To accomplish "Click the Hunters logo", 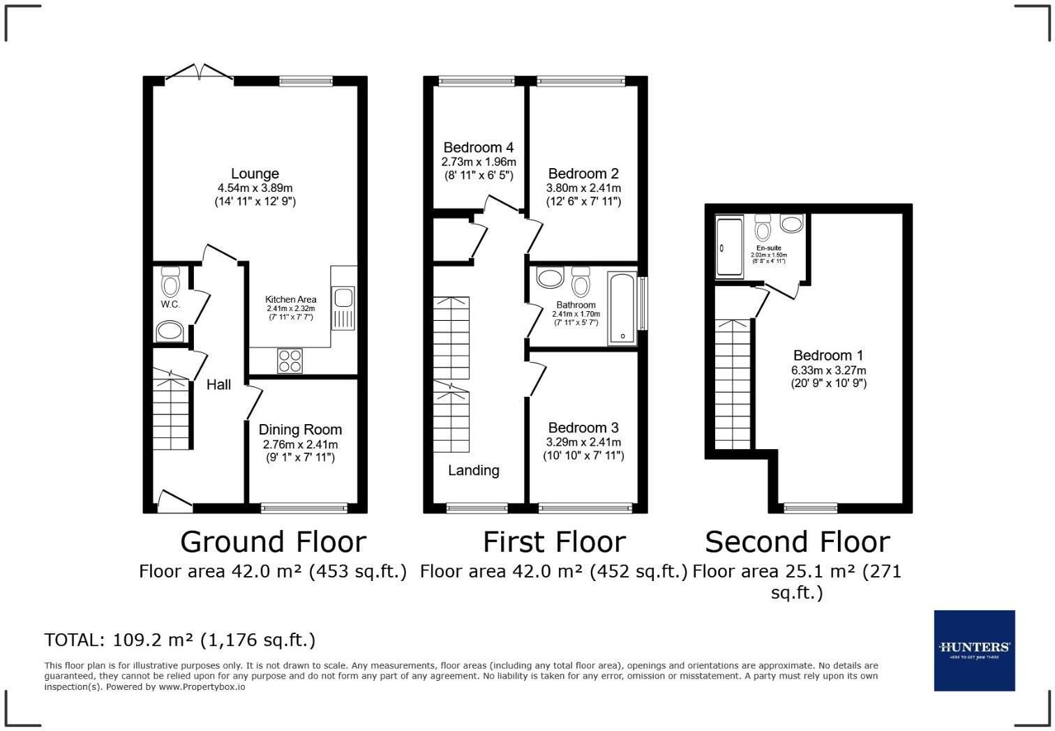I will tap(974, 650).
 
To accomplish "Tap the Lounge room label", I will tap(255, 174).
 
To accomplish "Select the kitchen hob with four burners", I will tap(290, 361).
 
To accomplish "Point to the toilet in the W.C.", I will tap(170, 282).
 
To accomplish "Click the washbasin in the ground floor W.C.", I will tap(170, 330).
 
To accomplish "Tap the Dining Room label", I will tap(300, 430).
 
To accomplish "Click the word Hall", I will tap(218, 384).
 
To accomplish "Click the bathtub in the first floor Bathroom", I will tap(622, 308).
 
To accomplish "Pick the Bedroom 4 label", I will tap(479, 147).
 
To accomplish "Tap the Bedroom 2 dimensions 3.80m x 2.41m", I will tap(583, 188).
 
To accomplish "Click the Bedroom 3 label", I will tap(583, 428).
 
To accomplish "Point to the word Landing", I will tap(473, 470).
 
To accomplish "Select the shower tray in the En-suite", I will tap(730, 247).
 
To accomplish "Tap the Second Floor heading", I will tap(797, 542).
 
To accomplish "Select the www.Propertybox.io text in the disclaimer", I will tap(202, 686).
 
